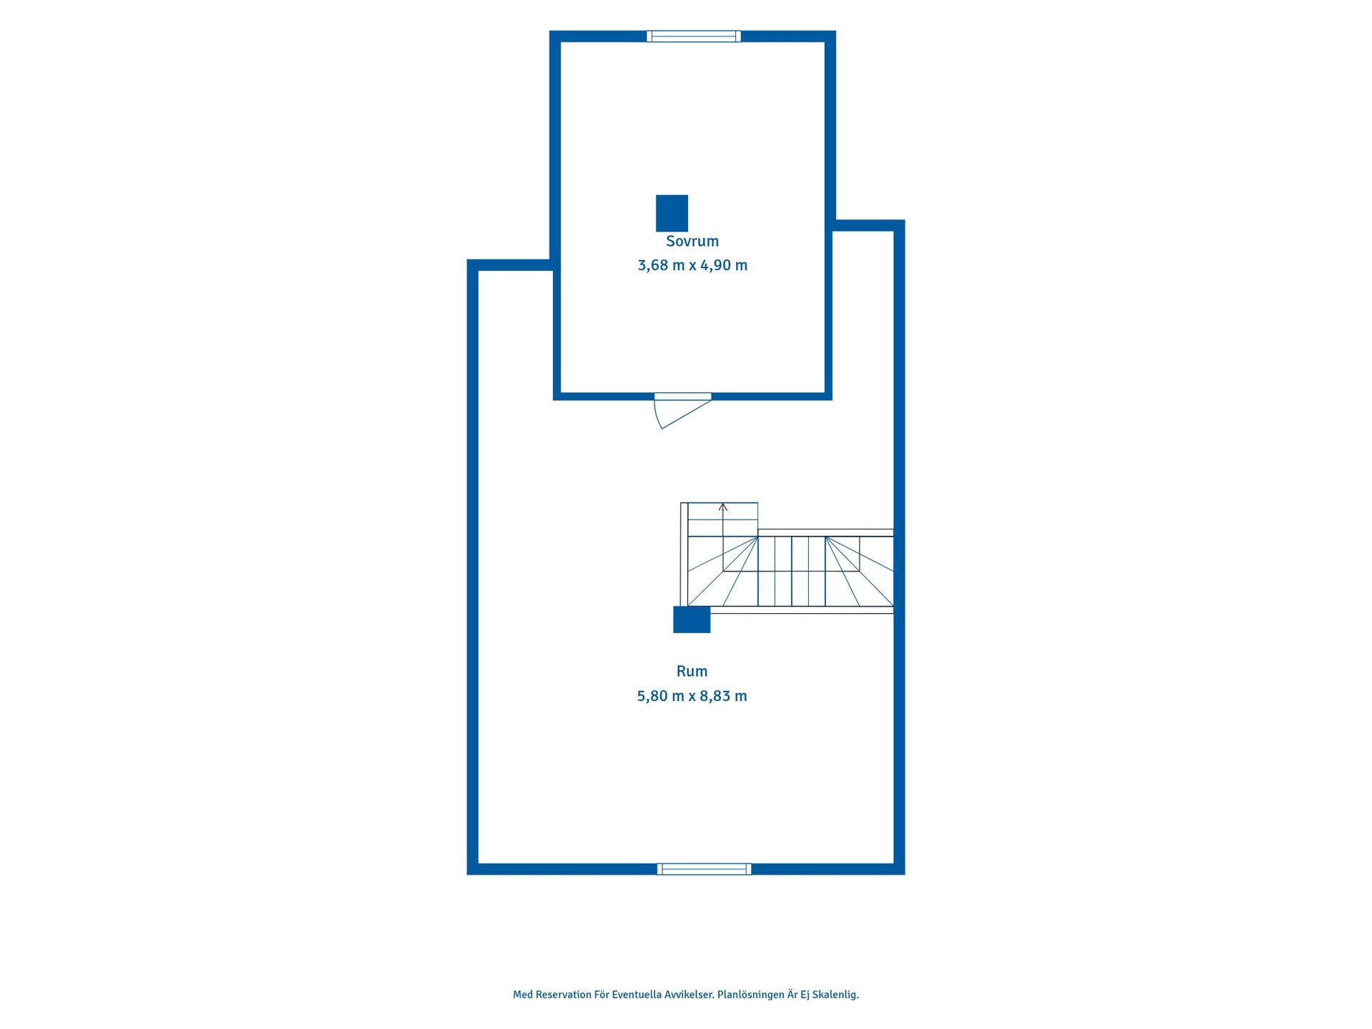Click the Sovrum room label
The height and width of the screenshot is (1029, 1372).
click(692, 242)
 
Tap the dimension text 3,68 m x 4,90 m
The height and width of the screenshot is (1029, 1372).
click(692, 265)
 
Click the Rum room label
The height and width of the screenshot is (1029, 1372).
click(692, 671)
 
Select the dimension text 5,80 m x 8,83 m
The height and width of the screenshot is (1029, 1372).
click(692, 696)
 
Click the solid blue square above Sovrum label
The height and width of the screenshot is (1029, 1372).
click(672, 213)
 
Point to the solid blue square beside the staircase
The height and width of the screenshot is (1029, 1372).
click(692, 620)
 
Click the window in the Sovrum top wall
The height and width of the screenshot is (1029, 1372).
click(694, 36)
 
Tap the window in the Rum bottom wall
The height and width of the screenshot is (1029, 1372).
click(704, 869)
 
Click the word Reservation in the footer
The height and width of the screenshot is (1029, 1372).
click(564, 995)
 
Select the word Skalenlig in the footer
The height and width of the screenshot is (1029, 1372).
click(835, 995)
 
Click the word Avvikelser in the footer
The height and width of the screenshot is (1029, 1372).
click(690, 995)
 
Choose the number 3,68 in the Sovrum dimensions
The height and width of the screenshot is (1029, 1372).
click(652, 265)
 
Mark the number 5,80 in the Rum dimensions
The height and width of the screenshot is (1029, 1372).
click(652, 696)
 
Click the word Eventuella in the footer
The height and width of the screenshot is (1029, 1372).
click(637, 995)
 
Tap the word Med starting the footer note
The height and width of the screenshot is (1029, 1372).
click(522, 995)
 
